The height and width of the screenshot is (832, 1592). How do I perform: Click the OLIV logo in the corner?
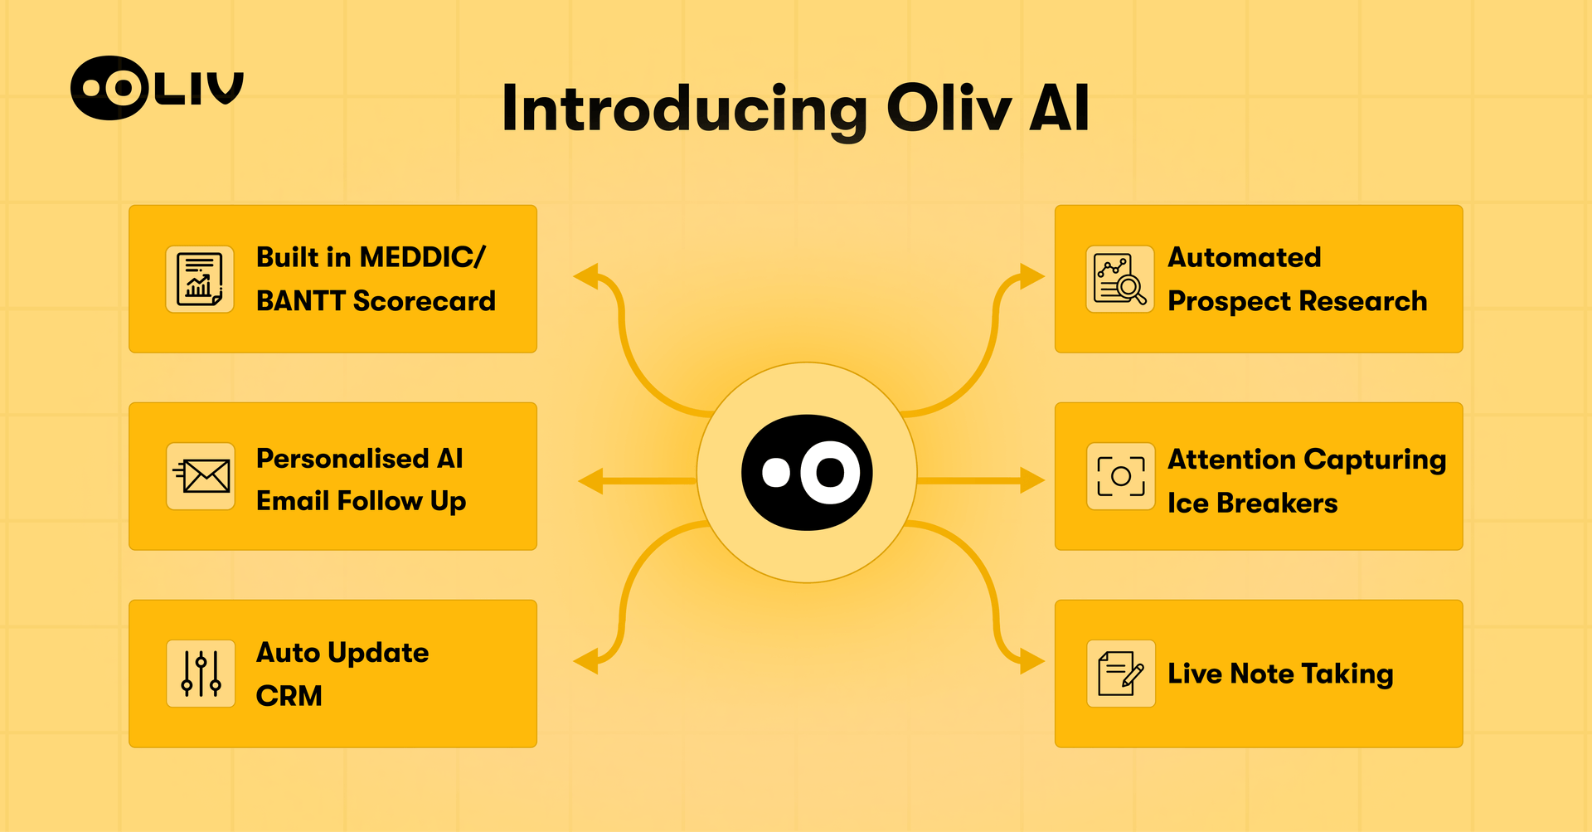[156, 88]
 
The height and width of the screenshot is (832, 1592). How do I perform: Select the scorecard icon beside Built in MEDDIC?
[200, 279]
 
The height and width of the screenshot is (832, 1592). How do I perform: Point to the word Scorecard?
[424, 300]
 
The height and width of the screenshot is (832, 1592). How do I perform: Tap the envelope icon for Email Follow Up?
[201, 476]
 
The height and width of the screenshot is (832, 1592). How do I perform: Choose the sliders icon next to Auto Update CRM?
[201, 673]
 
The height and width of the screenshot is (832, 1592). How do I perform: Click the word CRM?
[289, 695]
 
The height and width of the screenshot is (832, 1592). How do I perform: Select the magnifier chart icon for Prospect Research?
[1120, 279]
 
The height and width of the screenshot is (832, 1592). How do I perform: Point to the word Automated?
[1244, 257]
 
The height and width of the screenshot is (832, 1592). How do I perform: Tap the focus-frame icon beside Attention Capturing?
[1120, 476]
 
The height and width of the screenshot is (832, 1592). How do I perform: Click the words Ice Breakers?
[1252, 503]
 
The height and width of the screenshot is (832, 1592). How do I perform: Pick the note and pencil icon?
[1120, 673]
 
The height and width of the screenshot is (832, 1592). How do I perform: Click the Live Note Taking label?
[1280, 674]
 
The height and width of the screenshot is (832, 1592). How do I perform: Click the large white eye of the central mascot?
[830, 472]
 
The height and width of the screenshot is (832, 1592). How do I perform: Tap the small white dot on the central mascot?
[776, 472]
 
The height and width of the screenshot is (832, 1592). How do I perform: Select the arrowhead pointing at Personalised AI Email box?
[590, 480]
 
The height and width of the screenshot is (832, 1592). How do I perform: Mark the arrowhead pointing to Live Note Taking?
[1031, 661]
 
